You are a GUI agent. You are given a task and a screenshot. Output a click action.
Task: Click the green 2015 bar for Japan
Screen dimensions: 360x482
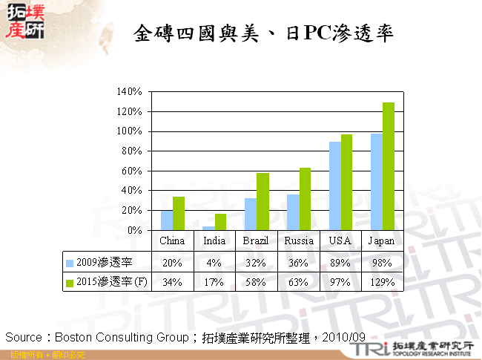pyautogui.click(x=389, y=166)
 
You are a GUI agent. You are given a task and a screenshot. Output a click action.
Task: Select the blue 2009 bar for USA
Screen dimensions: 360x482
pyautogui.click(x=335, y=186)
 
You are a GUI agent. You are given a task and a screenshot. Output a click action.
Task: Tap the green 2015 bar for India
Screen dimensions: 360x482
pyautogui.click(x=220, y=222)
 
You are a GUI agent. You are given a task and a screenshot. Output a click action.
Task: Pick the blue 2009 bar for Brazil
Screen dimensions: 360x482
pyautogui.click(x=251, y=214)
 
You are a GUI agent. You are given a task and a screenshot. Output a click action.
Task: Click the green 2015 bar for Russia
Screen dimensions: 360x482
pyautogui.click(x=305, y=199)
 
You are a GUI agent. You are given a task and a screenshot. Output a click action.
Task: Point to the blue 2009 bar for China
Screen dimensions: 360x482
pyautogui.click(x=167, y=220)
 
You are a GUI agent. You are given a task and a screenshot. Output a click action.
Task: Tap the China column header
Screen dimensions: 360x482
pyautogui.click(x=173, y=241)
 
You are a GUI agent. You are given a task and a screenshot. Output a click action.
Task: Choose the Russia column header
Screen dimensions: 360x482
pyautogui.click(x=299, y=241)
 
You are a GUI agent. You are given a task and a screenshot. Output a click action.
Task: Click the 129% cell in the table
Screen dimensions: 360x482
pyautogui.click(x=383, y=281)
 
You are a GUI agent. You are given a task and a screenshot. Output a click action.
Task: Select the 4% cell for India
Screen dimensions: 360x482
pyautogui.click(x=215, y=262)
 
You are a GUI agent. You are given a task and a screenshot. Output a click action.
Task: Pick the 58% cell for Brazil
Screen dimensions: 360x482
pyautogui.click(x=257, y=281)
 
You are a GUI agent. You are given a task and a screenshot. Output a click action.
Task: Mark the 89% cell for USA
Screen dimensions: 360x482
pyautogui.click(x=340, y=262)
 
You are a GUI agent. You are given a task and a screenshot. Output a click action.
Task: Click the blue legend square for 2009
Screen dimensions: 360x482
pyautogui.click(x=70, y=262)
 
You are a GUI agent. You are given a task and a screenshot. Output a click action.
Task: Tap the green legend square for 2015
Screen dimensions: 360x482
pyautogui.click(x=70, y=282)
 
